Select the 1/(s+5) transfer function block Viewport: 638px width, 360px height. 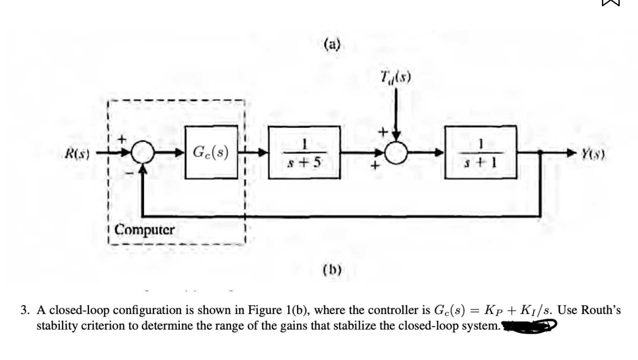coord(304,152)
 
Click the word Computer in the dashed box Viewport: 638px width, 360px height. coord(145,230)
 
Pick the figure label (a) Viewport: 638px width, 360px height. coord(333,45)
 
